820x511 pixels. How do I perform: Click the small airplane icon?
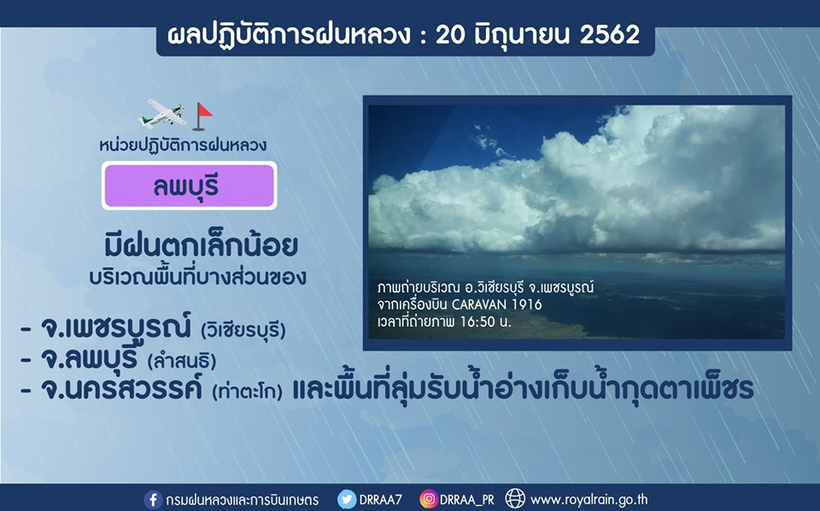(162, 113)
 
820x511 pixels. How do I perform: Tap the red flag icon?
(202, 116)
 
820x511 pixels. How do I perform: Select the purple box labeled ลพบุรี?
(190, 185)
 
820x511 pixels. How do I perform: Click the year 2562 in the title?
(610, 35)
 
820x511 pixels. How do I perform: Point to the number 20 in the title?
(450, 35)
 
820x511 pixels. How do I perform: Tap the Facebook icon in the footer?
(153, 500)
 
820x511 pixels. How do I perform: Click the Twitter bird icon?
(346, 500)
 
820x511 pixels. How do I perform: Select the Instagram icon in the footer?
(428, 500)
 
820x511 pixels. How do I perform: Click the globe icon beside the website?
(515, 499)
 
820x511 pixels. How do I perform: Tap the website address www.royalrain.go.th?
(589, 500)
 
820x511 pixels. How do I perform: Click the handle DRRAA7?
(380, 500)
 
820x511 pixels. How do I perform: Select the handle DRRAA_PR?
(466, 501)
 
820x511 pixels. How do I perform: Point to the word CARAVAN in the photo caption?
(479, 304)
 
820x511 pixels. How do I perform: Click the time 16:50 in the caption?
(477, 322)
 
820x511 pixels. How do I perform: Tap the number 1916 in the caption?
(527, 304)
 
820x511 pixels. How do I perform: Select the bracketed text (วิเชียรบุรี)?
(243, 329)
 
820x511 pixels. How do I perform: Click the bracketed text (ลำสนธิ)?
(182, 361)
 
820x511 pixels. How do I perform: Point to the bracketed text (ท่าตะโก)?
(248, 391)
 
